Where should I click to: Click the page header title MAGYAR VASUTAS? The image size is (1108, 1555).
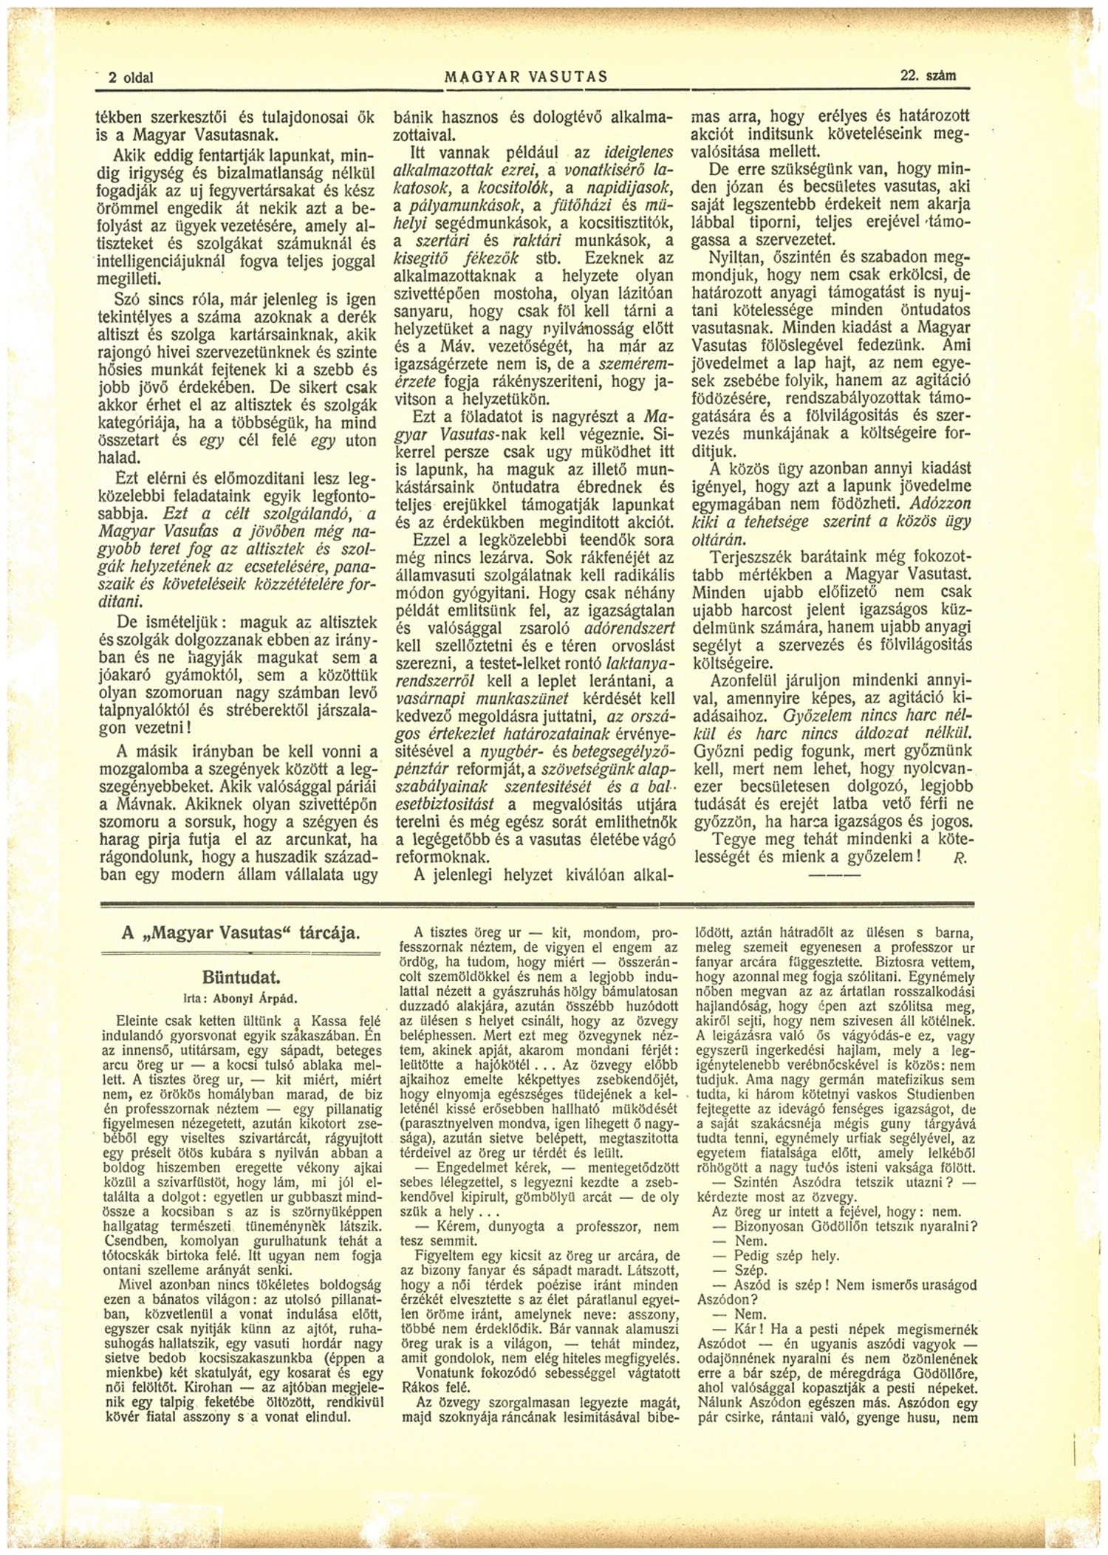pos(526,77)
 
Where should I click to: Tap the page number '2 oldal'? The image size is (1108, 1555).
pos(131,77)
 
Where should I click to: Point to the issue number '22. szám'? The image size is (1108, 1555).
pos(927,76)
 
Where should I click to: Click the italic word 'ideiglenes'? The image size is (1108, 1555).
pos(637,153)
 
